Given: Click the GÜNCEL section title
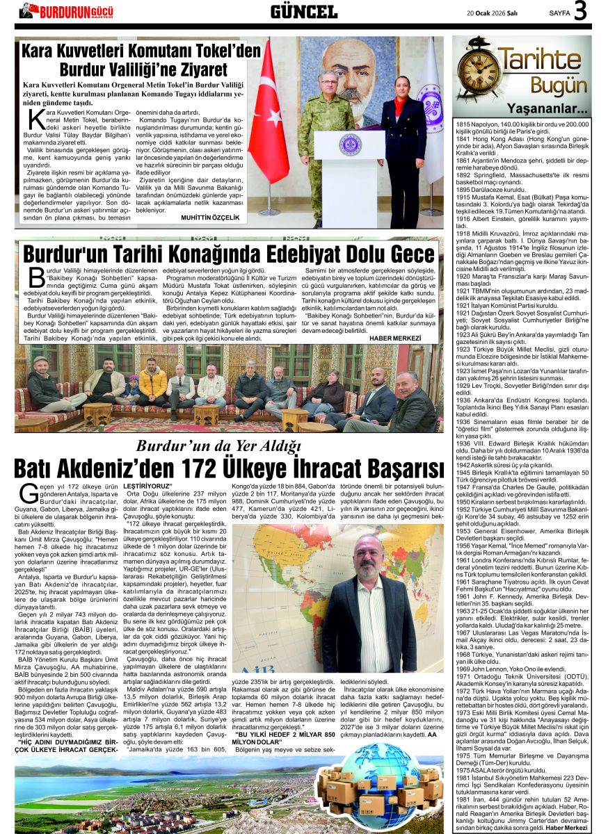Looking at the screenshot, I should point(303,11).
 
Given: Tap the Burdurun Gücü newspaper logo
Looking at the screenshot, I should point(66,10).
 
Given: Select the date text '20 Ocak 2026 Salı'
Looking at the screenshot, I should point(497,13).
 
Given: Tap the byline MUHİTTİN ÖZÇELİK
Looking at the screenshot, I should point(209,218).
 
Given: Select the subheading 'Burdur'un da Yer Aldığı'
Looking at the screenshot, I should point(218,445).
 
